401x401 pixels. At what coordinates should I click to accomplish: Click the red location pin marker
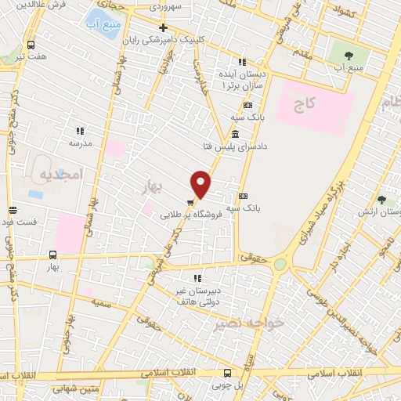200,183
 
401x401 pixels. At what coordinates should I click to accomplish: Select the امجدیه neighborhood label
60,176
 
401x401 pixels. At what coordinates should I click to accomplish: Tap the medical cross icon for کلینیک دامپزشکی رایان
164,27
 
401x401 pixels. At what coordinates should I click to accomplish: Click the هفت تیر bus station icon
31,45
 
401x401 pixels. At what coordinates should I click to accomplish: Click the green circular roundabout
280,265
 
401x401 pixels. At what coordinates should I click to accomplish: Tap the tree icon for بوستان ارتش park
381,200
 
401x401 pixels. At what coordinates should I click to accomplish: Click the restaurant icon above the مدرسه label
79,131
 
